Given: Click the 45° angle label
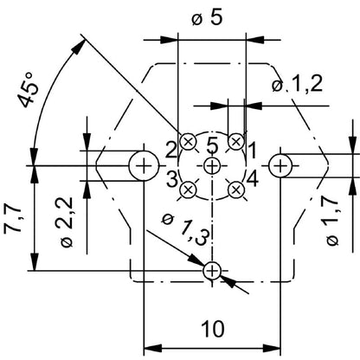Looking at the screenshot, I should coord(31,89).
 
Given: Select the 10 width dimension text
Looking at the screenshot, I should coord(211,328).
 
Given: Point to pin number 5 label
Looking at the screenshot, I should coord(213,146).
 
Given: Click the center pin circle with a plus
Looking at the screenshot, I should coord(213,164).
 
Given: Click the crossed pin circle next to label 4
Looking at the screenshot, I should coord(235,188).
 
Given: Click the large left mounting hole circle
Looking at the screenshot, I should coord(143,164).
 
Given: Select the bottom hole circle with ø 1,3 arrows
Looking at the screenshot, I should coord(213,272).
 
